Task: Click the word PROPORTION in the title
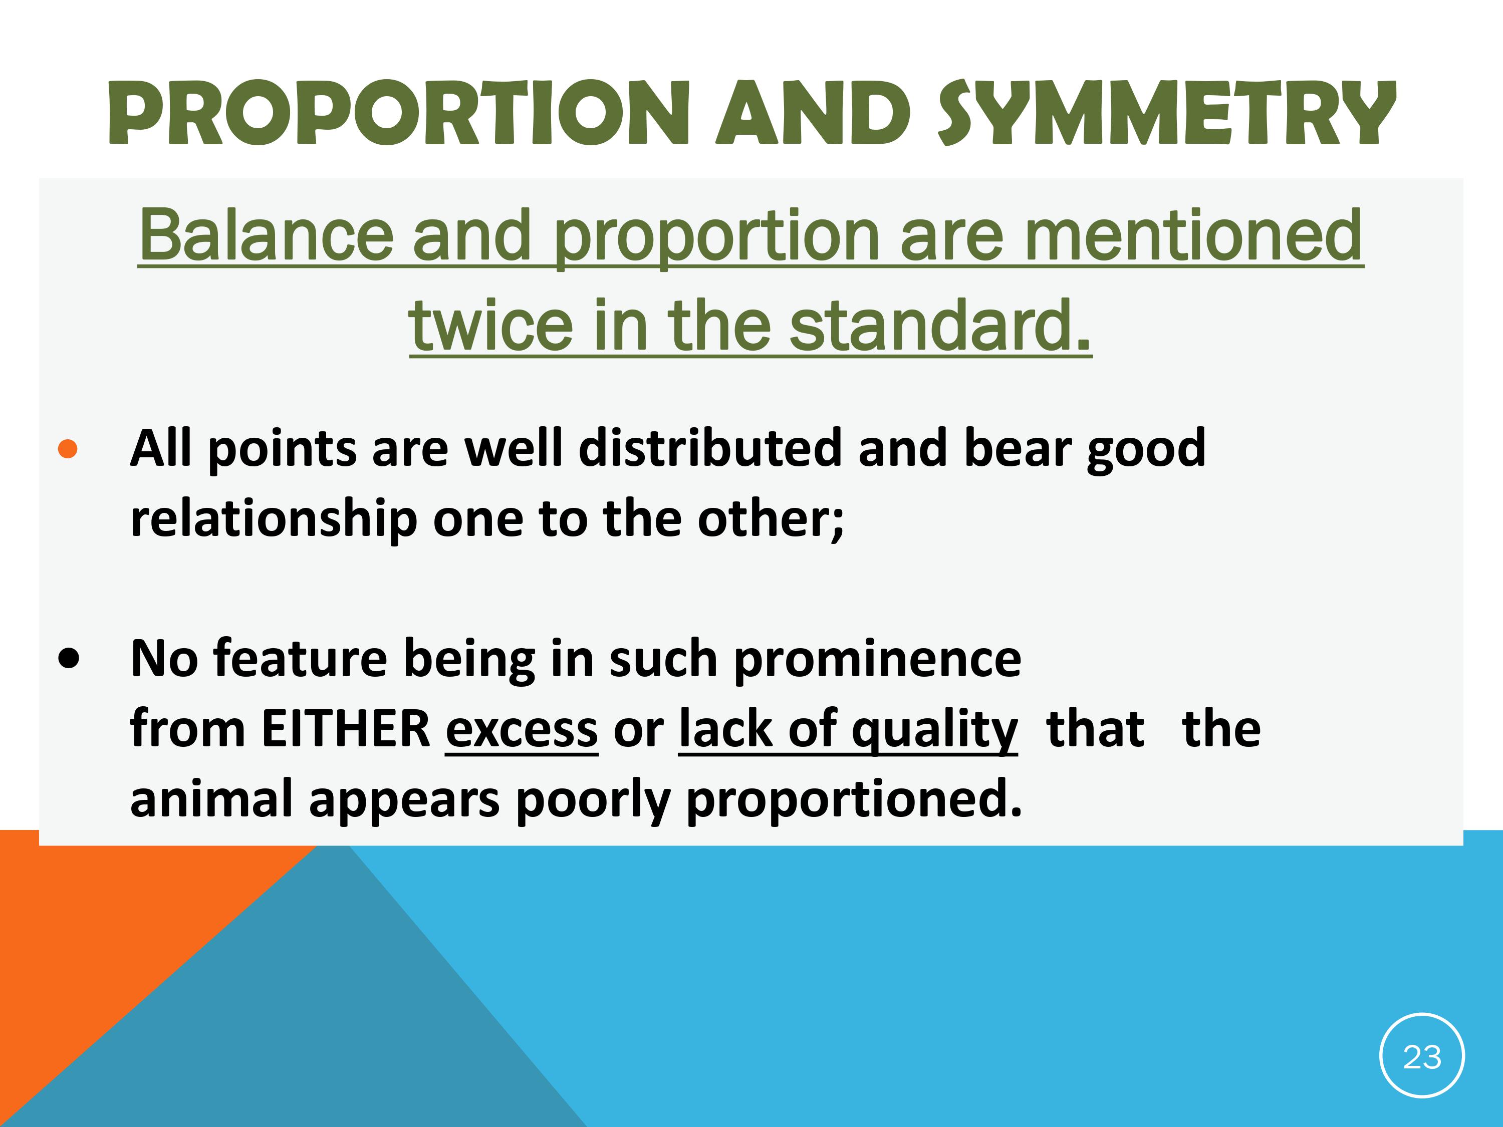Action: click(399, 113)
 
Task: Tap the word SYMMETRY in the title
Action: click(1167, 113)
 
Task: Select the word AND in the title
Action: click(813, 113)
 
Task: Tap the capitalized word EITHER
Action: click(346, 729)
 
